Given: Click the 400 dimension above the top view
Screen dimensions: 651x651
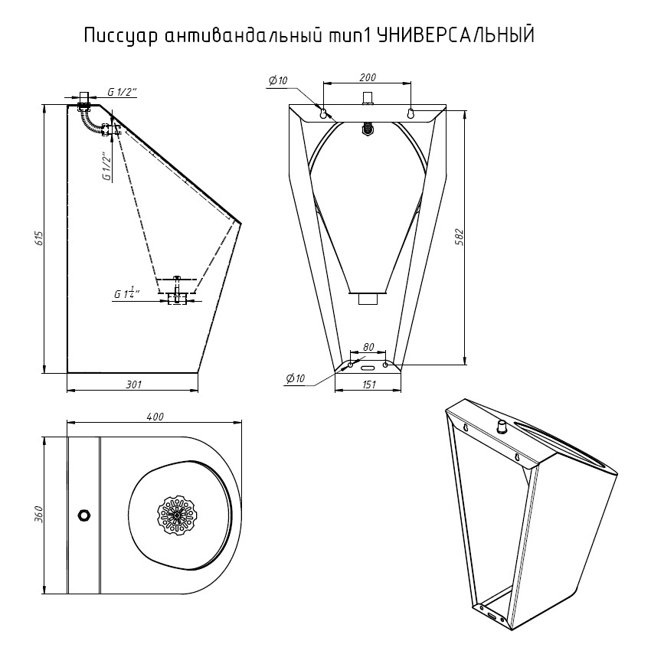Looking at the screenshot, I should click(155, 417).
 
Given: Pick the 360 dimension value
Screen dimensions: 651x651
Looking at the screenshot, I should click(39, 514).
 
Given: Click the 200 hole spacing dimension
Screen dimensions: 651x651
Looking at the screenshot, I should click(368, 77).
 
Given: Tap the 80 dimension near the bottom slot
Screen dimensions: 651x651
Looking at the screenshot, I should click(368, 348).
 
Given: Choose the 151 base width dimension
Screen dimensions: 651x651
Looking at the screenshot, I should click(368, 385).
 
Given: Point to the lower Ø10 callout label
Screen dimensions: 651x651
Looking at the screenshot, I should click(296, 378).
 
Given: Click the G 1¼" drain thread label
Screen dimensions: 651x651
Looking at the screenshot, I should click(127, 293).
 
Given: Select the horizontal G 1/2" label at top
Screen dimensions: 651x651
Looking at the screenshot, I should click(122, 93).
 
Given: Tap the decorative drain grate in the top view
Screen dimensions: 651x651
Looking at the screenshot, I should click(177, 515).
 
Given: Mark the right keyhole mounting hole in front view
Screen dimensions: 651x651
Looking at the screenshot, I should click(411, 113).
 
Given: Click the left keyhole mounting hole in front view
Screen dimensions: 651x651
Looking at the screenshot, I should click(324, 113).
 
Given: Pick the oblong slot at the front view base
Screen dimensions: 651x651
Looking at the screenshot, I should click(368, 366).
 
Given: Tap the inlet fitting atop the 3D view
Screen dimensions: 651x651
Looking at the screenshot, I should click(502, 426).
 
